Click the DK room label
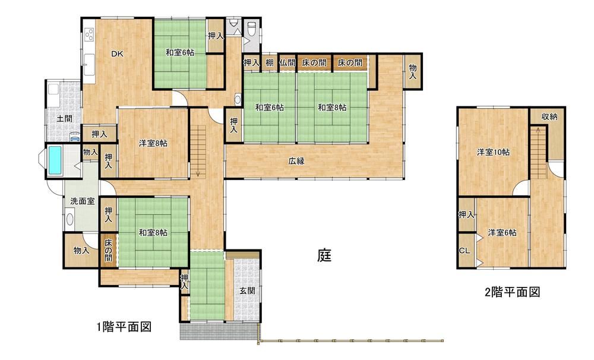(x=117, y=54)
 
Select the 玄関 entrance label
(x=247, y=290)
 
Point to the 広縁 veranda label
(x=296, y=161)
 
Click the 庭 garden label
(x=324, y=255)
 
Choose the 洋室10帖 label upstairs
(x=493, y=152)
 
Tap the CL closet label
(x=465, y=251)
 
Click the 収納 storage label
(x=549, y=116)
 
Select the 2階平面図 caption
(x=513, y=292)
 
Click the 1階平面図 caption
(x=124, y=326)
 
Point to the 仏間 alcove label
(x=287, y=62)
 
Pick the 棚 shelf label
(x=269, y=62)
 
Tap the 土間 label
(x=64, y=119)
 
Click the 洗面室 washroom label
(x=83, y=201)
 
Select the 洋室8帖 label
(x=153, y=143)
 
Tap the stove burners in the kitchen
(x=90, y=35)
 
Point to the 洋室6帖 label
(x=502, y=232)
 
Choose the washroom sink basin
(x=69, y=219)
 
